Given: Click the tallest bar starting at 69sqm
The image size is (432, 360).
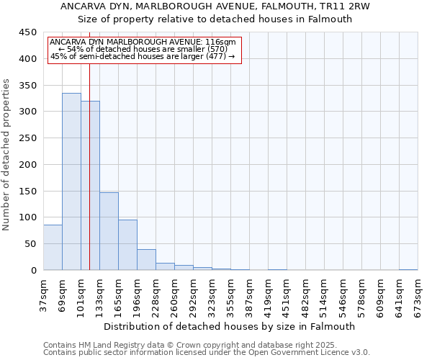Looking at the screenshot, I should (71, 181).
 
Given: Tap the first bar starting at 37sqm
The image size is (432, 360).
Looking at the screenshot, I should (53, 247).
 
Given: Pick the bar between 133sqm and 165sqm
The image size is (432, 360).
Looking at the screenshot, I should (109, 231).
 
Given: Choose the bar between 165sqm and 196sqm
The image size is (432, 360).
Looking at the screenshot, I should (127, 245).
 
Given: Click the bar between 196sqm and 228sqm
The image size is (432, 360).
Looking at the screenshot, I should (146, 260).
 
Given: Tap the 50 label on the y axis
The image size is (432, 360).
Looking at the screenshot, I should (31, 244).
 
